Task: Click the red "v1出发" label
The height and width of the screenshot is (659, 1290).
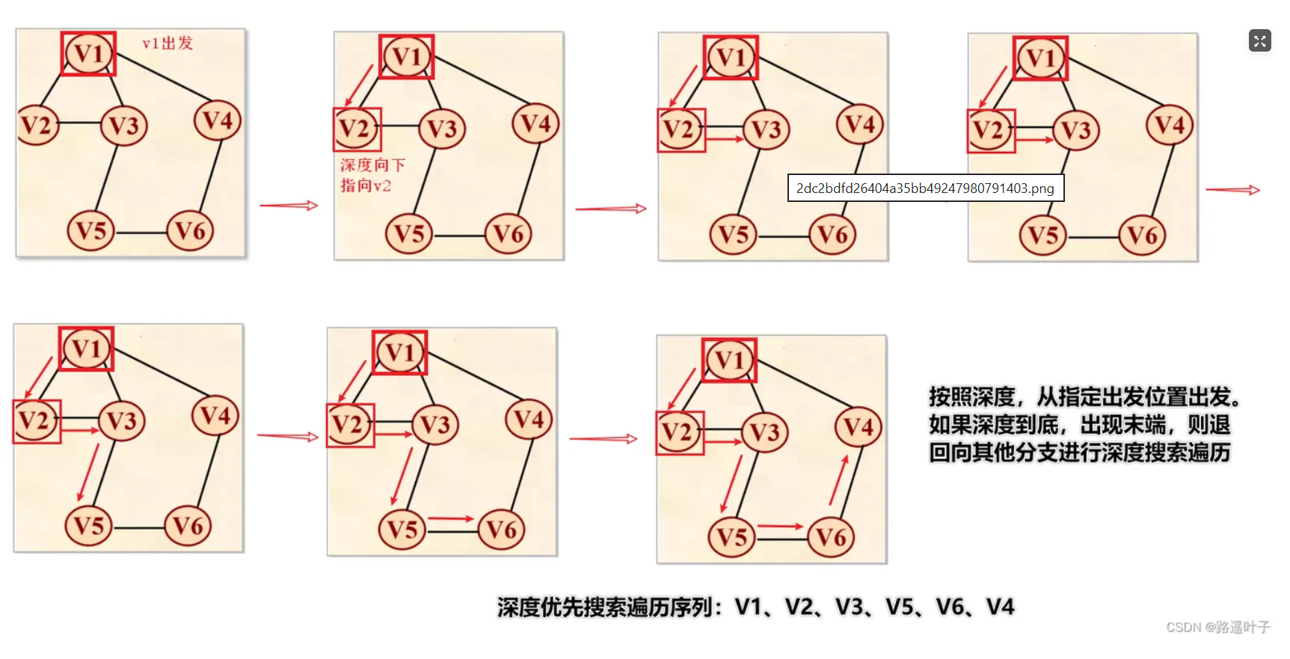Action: pyautogui.click(x=168, y=43)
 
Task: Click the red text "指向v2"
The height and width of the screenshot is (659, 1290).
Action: pyautogui.click(x=366, y=186)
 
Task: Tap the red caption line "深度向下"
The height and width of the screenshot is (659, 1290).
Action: pyautogui.click(x=372, y=165)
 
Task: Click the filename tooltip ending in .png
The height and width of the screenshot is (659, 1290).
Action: pyautogui.click(x=925, y=188)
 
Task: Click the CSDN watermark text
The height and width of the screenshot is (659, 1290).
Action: pyautogui.click(x=1217, y=627)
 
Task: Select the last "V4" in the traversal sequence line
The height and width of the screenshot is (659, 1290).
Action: pyautogui.click(x=1000, y=607)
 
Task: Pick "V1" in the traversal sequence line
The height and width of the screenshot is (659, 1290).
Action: pyautogui.click(x=749, y=607)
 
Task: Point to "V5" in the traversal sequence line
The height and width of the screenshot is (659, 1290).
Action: pyautogui.click(x=900, y=607)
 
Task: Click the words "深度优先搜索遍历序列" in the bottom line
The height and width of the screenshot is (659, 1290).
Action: pyautogui.click(x=604, y=607)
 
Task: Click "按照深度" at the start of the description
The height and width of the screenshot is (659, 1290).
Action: pyautogui.click(x=971, y=396)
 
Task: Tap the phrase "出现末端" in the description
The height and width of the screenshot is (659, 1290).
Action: pyautogui.click(x=1122, y=425)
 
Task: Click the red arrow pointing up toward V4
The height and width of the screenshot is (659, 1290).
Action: pyautogui.click(x=839, y=480)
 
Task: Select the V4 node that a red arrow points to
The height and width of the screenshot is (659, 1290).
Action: pyautogui.click(x=859, y=427)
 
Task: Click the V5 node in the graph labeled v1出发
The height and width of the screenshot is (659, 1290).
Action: pyautogui.click(x=91, y=230)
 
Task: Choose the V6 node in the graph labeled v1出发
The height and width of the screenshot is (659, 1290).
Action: pyautogui.click(x=190, y=230)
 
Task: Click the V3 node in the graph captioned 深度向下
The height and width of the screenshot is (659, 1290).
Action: pyautogui.click(x=442, y=129)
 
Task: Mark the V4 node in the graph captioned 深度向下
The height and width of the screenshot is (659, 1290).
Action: pyautogui.click(x=535, y=123)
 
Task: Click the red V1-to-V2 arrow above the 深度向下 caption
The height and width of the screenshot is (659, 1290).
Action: pyautogui.click(x=360, y=85)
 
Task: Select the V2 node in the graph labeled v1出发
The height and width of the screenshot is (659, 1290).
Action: pyautogui.click(x=37, y=125)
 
